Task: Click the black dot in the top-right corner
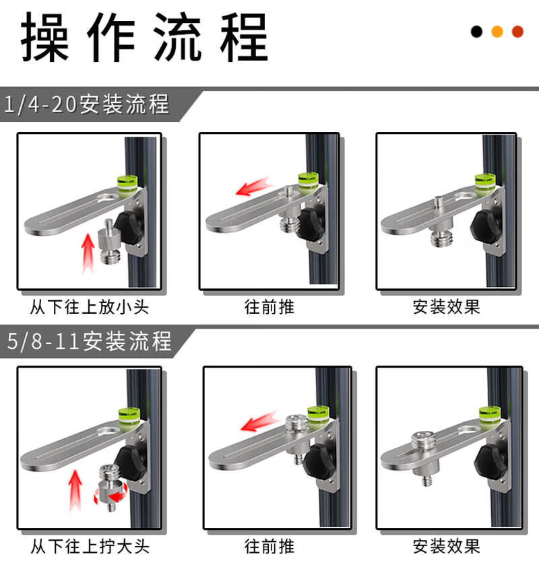pyautogui.click(x=476, y=32)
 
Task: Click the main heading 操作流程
pyautogui.click(x=144, y=37)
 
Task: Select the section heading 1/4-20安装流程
pyautogui.click(x=87, y=104)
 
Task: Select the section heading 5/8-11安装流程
pyautogui.click(x=89, y=341)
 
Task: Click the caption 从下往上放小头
pyautogui.click(x=89, y=307)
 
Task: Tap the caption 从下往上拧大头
pyautogui.click(x=90, y=547)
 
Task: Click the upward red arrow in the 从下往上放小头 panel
pyautogui.click(x=88, y=254)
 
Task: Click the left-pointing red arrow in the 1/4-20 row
pyautogui.click(x=254, y=186)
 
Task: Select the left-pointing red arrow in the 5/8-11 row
pyautogui.click(x=260, y=421)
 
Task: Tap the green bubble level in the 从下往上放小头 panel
pyautogui.click(x=127, y=183)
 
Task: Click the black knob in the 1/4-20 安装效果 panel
pyautogui.click(x=486, y=226)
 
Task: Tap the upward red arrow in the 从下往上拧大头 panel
pyautogui.click(x=75, y=491)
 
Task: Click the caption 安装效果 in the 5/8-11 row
pyautogui.click(x=446, y=547)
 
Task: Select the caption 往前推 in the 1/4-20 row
pyautogui.click(x=269, y=307)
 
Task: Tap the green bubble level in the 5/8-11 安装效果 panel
pyautogui.click(x=490, y=414)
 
